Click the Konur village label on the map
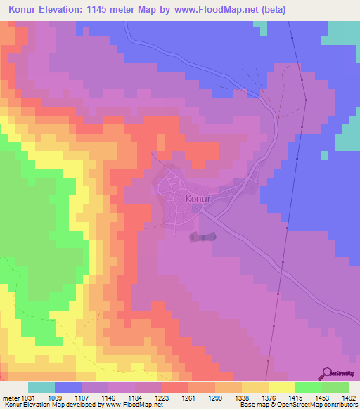(x=198, y=199)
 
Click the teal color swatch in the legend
(x=41, y=387)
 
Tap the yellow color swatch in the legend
(x=281, y=387)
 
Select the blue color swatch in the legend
(x=68, y=387)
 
